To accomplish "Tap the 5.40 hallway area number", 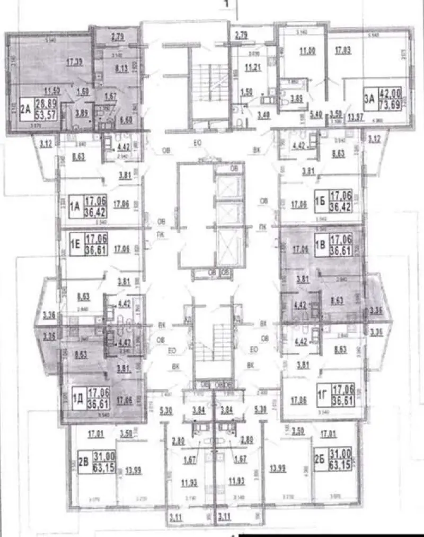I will pyautogui.click(x=316, y=114).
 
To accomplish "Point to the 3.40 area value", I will pyautogui.click(x=263, y=113).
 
